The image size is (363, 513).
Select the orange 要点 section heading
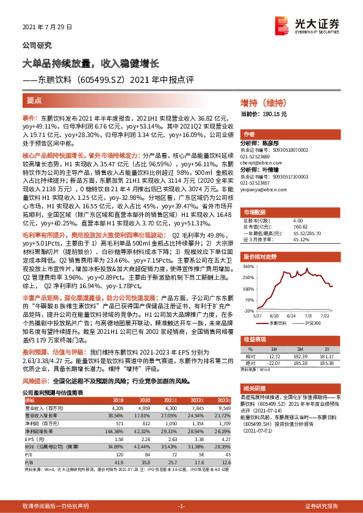(x=35, y=100)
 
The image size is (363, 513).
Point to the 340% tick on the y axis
(x=247, y=266)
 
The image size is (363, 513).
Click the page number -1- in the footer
(x=181, y=507)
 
